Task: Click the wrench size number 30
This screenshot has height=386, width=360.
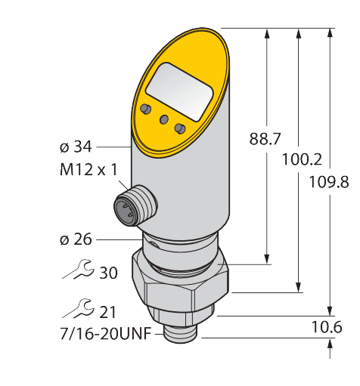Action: click(108, 273)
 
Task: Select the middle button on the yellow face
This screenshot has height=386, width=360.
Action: click(162, 119)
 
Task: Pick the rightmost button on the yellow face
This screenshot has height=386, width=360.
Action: click(180, 128)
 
